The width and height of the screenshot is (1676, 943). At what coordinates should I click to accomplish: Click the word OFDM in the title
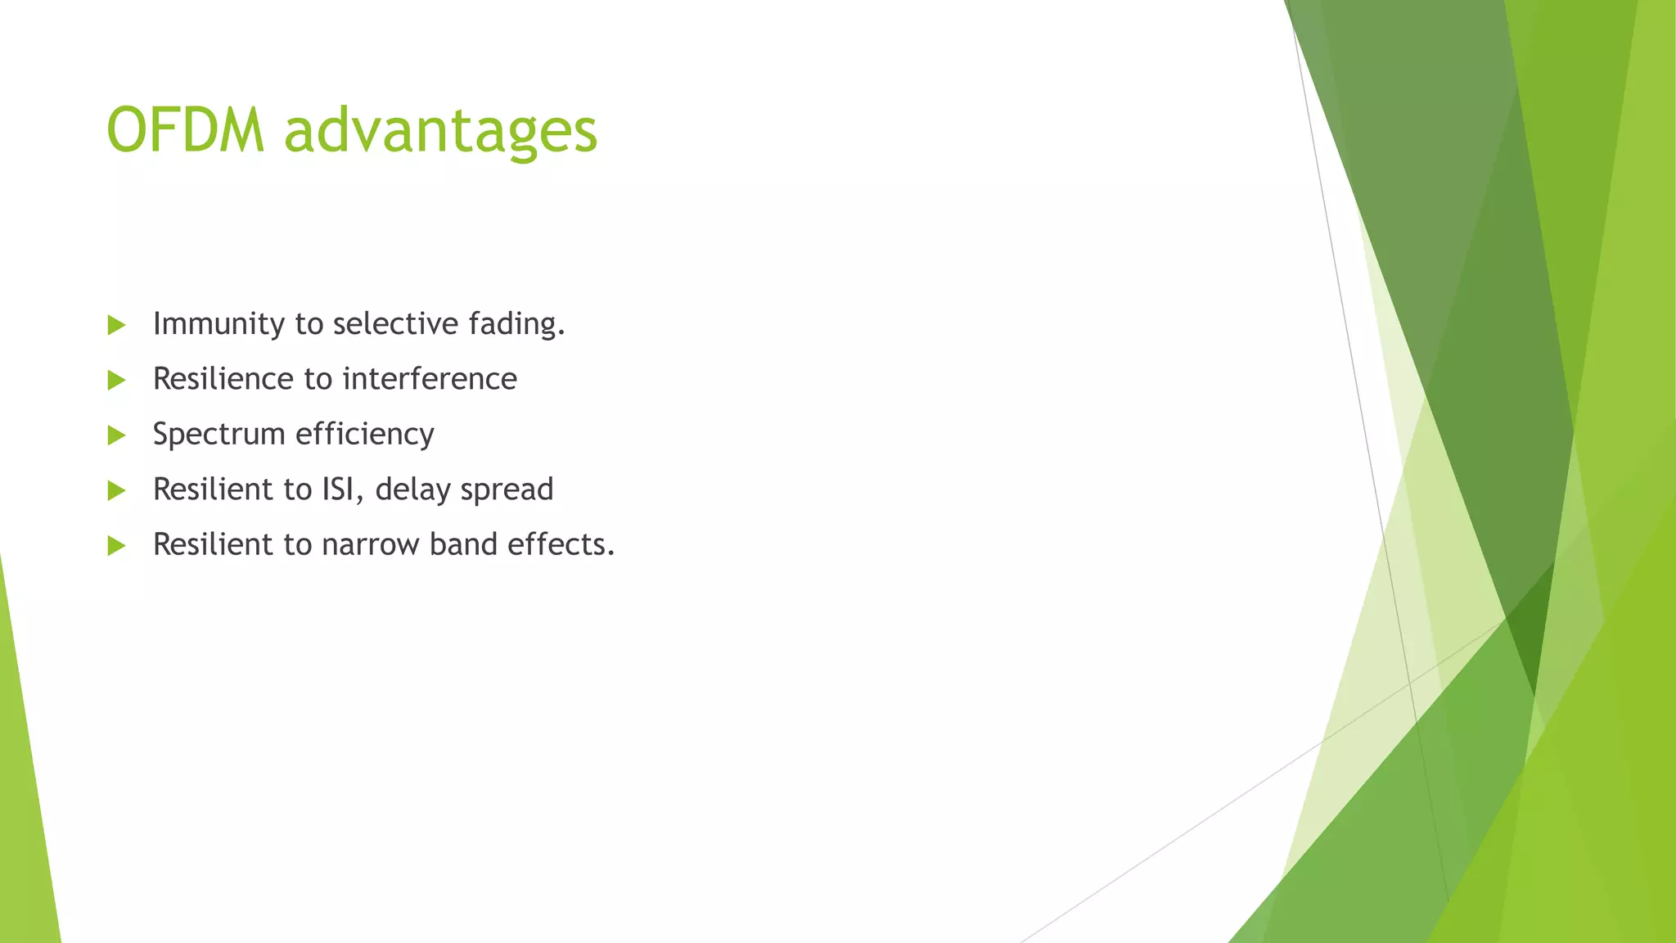(x=186, y=131)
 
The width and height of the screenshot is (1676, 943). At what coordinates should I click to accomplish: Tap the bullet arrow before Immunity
(x=116, y=325)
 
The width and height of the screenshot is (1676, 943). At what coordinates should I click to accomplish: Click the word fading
(x=516, y=323)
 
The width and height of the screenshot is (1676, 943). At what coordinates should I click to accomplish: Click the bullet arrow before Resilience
(x=116, y=380)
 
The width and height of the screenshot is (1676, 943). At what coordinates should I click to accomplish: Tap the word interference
(x=430, y=379)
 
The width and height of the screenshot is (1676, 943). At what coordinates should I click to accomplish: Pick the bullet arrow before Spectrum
(x=116, y=435)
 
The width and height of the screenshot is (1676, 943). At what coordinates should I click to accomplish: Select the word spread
(x=507, y=490)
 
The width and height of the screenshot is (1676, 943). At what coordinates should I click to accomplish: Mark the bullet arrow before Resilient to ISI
(x=116, y=490)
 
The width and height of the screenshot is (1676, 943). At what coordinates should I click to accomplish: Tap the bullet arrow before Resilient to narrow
(x=116, y=546)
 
